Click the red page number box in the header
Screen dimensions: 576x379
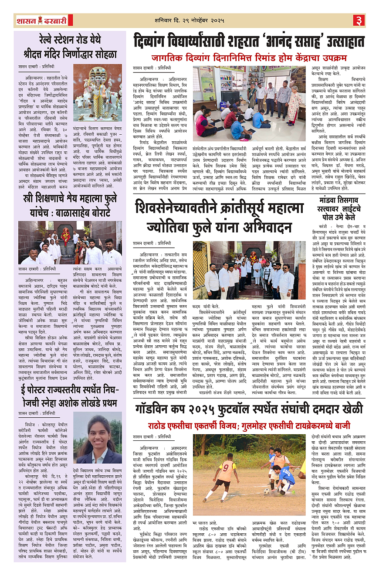coord(359,20)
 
